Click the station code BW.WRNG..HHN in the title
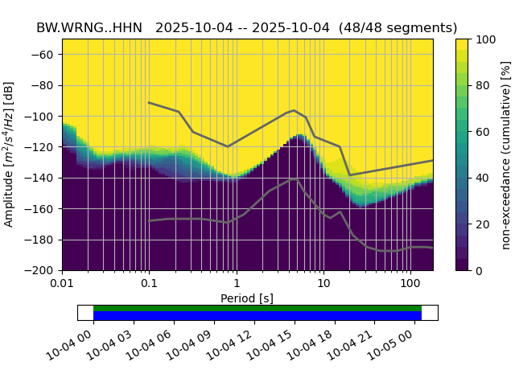(89, 27)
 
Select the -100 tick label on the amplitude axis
(42, 117)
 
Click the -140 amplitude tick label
(42, 178)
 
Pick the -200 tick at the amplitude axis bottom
(42, 271)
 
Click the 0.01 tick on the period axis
(62, 284)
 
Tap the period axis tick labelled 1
(236, 284)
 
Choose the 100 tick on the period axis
(410, 284)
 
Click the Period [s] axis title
(247, 298)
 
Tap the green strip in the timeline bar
(257, 308)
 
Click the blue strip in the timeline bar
(257, 316)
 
